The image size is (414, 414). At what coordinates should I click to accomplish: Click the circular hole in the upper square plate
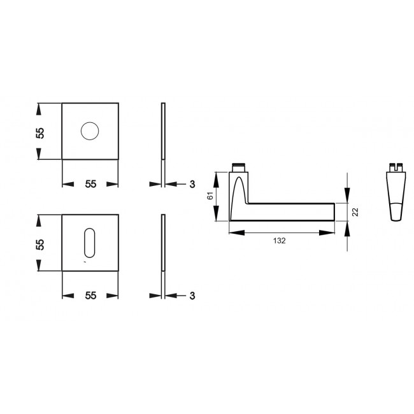(90, 132)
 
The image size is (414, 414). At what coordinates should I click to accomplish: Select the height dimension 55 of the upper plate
(39, 132)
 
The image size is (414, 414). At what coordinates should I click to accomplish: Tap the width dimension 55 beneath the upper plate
(90, 184)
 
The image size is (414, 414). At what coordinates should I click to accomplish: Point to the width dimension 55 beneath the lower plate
(90, 296)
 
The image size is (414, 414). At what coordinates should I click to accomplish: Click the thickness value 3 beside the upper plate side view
(191, 184)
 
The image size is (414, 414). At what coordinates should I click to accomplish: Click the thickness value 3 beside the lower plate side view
(191, 296)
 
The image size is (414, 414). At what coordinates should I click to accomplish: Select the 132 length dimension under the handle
(279, 241)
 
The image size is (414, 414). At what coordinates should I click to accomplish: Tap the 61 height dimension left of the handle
(211, 196)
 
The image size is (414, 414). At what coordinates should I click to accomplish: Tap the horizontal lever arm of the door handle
(290, 211)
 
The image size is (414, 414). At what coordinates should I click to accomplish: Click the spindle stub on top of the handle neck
(238, 168)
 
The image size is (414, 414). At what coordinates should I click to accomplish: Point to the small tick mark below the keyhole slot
(83, 261)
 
